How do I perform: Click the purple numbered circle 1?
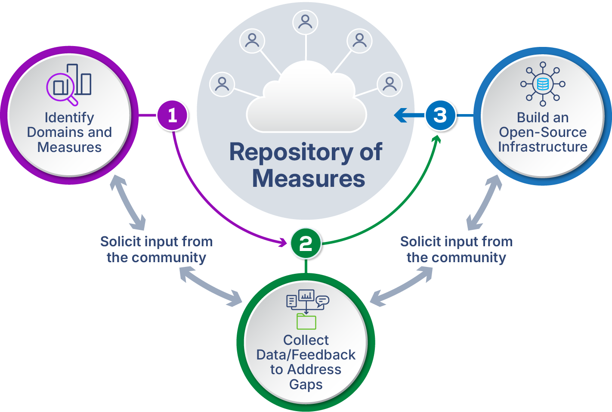pyautogui.click(x=173, y=115)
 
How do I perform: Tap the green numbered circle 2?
pyautogui.click(x=306, y=243)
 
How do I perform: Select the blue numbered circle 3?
pyautogui.click(x=440, y=115)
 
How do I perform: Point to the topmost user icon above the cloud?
pyautogui.click(x=305, y=22)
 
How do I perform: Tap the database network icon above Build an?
pyautogui.click(x=543, y=84)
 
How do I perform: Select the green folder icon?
pyautogui.click(x=306, y=321)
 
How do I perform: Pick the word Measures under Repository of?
pyautogui.click(x=309, y=178)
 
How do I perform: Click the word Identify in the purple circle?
pyautogui.click(x=69, y=118)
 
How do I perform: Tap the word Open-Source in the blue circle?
pyautogui.click(x=543, y=132)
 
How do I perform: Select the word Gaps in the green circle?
pyautogui.click(x=306, y=384)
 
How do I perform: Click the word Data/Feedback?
pyautogui.click(x=306, y=355)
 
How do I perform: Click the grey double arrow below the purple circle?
pyautogui.click(x=127, y=202)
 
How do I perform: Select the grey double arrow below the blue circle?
pyautogui.click(x=485, y=202)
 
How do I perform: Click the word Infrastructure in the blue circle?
pyautogui.click(x=543, y=147)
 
